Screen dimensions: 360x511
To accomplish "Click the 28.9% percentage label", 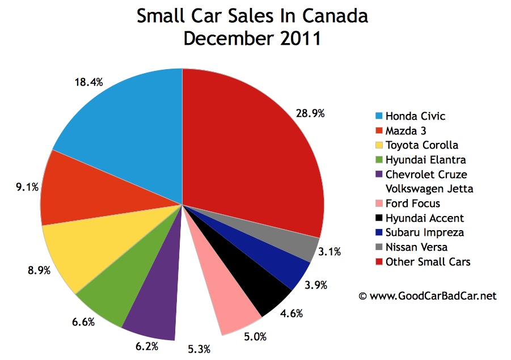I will pos(310,113).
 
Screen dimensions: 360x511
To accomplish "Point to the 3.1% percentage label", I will pos(330,252).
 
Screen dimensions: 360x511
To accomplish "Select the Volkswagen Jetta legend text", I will pos(429,189).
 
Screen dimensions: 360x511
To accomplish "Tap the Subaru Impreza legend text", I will pos(424,232).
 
